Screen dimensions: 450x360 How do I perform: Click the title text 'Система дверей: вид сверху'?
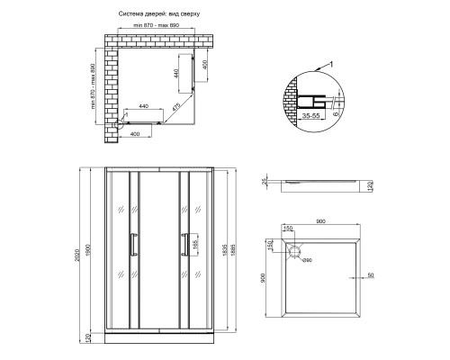click(159, 13)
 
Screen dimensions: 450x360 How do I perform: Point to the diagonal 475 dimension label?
click(176, 108)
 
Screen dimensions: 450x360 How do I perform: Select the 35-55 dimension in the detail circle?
click(310, 115)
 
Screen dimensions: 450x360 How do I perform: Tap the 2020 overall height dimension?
click(77, 255)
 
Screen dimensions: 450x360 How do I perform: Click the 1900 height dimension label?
click(88, 250)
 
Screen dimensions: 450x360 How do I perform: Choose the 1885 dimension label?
click(233, 249)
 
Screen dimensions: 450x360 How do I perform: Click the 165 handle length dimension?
click(194, 246)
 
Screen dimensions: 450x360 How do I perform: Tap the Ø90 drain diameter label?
click(307, 260)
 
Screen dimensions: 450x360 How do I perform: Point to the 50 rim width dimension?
click(371, 274)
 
